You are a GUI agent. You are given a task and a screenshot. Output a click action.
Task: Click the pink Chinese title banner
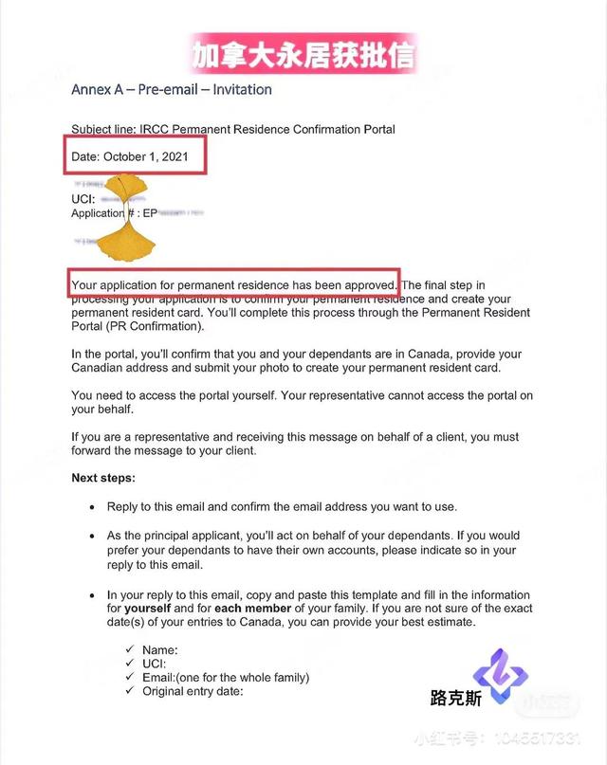coord(303,55)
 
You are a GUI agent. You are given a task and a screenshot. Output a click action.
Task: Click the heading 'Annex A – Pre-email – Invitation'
coord(172,90)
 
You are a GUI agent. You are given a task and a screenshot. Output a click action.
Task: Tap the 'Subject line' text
coord(103,129)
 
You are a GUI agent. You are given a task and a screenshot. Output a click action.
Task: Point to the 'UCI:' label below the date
coord(83,199)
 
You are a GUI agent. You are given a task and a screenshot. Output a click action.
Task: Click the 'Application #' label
coord(104,213)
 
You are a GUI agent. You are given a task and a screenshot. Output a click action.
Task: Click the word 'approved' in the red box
coord(368,284)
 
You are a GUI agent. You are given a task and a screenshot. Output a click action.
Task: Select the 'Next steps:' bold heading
coord(103,478)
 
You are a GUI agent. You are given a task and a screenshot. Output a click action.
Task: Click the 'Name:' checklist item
coord(160,650)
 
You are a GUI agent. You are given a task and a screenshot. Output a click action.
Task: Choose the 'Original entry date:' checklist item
coord(193,691)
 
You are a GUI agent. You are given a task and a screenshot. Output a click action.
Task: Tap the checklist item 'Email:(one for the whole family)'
coord(226,678)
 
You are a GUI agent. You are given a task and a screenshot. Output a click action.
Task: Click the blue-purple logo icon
coord(500,675)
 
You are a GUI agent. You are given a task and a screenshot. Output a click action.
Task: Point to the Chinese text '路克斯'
coord(455,699)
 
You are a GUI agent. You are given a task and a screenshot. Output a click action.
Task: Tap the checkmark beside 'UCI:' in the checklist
coord(131,664)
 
